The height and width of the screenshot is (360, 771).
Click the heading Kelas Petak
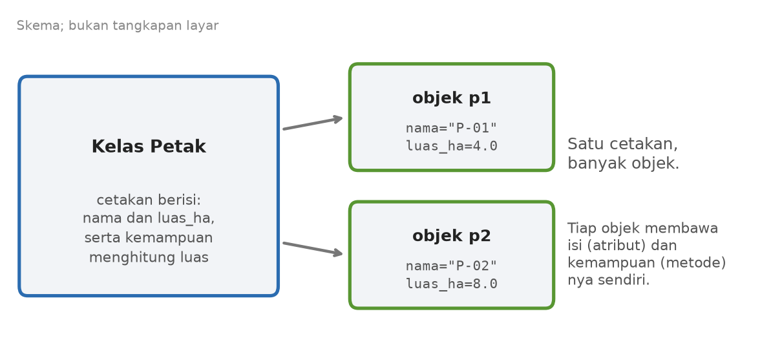149,147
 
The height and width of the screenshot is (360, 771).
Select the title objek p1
451,98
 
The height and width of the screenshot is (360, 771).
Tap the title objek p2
451,236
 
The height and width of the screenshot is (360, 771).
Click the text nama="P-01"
451,129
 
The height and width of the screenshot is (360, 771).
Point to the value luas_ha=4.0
451,146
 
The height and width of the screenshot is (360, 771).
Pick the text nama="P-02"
451,266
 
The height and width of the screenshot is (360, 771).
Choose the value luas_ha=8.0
451,284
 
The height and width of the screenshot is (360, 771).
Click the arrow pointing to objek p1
313,123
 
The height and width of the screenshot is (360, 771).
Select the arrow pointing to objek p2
313,248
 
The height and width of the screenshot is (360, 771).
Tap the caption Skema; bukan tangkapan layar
118,26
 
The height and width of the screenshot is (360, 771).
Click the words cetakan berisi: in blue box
149,200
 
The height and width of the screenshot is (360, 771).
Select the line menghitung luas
149,258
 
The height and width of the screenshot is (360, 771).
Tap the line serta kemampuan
149,238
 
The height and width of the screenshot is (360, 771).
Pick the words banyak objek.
624,164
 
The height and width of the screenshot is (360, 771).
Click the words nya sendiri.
609,281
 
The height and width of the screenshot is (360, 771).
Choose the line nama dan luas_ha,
149,218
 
